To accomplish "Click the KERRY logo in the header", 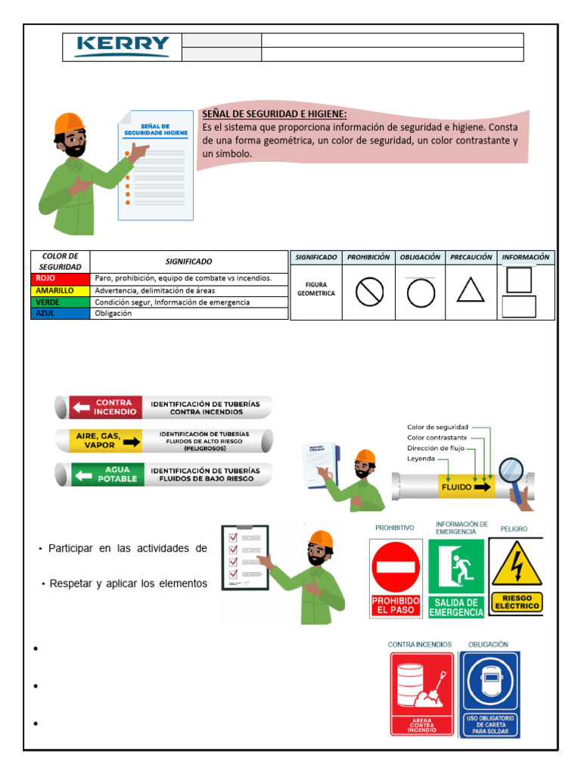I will click(x=123, y=47).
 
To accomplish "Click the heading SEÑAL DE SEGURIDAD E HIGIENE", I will click(x=274, y=114).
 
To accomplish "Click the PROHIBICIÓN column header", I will click(x=368, y=257).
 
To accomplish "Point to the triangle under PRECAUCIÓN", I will click(x=471, y=291).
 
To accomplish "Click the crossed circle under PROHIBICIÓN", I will click(x=369, y=293).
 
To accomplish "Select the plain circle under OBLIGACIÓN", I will click(x=421, y=293).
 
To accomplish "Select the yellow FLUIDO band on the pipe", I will click(x=467, y=488).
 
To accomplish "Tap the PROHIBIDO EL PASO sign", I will click(x=396, y=577).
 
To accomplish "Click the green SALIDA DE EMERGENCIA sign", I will click(x=456, y=577).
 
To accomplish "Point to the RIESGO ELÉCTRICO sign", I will click(x=517, y=576).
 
